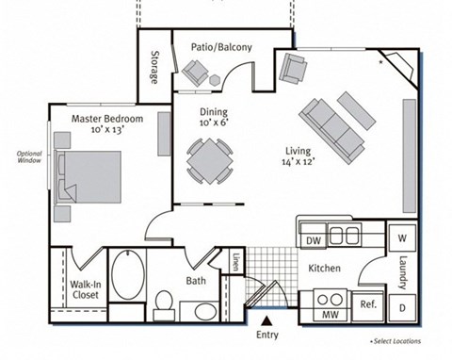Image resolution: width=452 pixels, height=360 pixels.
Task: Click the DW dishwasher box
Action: pos(313,241)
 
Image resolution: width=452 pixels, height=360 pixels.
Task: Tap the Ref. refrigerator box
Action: pos(368,304)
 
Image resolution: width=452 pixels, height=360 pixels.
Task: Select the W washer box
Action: pos(402,238)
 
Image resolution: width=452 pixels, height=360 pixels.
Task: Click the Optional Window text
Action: pos(28,157)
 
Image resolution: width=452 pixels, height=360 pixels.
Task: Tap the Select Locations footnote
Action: pos(395,340)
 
